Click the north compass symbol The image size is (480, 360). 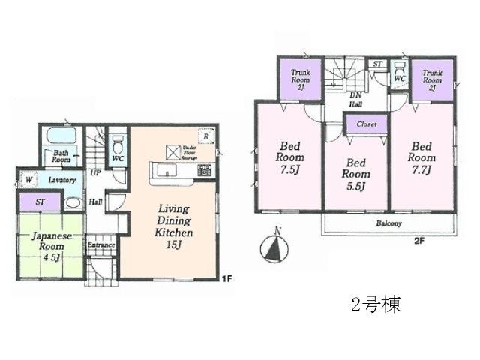[274, 249]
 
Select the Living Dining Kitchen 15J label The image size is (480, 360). [175, 221]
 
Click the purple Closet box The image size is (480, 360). [366, 124]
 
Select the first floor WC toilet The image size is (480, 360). [118, 144]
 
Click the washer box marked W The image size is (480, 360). [28, 181]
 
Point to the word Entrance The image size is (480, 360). [101, 245]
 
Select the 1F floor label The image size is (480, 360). [226, 278]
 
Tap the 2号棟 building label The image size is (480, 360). [376, 305]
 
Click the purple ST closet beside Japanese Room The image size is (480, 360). [38, 202]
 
